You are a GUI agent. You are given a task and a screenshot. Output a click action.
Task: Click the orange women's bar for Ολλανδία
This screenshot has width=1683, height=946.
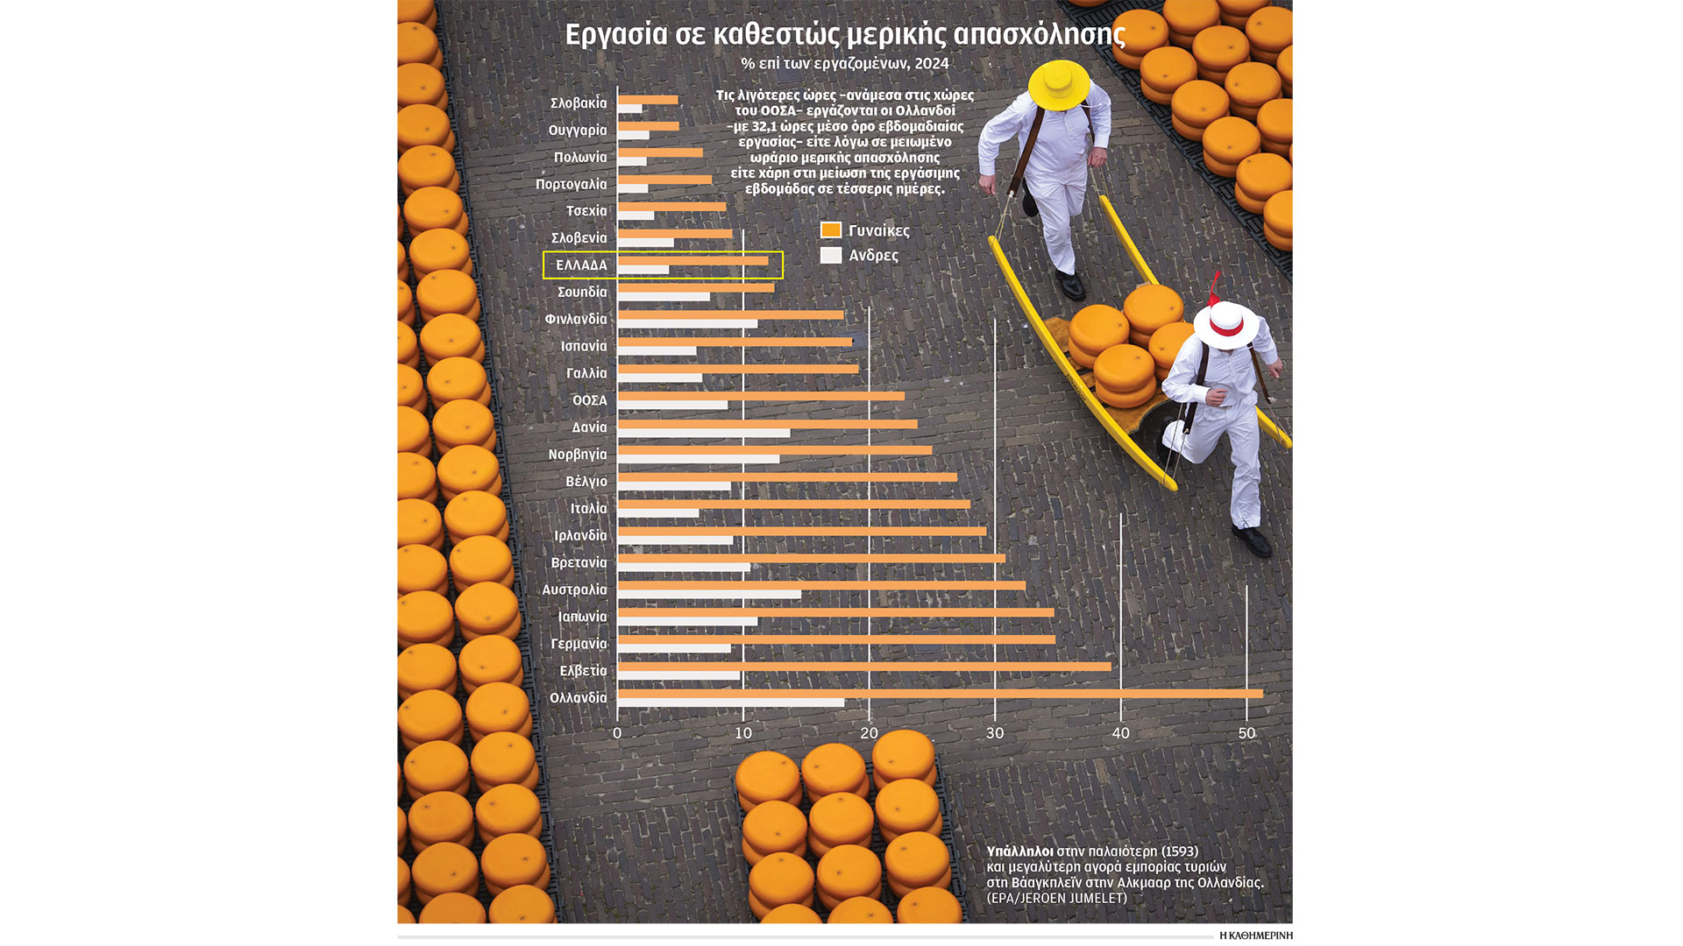point(940,694)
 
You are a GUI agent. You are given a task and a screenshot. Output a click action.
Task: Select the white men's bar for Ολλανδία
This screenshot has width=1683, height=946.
point(731,702)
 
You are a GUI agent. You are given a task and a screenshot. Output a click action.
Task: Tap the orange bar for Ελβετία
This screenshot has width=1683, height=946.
point(864,667)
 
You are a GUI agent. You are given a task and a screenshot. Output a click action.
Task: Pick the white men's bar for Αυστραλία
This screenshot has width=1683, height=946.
point(709,595)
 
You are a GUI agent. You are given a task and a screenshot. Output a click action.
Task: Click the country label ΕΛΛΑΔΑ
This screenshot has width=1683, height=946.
point(581,265)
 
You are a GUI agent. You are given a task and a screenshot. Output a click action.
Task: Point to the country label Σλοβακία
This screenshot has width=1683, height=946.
point(579,103)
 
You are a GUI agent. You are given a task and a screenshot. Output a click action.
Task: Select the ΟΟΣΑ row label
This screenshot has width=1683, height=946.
point(589,400)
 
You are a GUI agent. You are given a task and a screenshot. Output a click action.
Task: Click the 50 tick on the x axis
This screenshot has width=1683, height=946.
point(1246,733)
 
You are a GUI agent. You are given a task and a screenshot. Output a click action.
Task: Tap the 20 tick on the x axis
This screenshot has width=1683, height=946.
point(869,733)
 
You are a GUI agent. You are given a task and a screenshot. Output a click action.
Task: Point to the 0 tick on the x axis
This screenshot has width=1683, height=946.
point(617,733)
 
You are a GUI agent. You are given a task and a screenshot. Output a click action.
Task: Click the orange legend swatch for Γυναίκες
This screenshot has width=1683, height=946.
point(831,230)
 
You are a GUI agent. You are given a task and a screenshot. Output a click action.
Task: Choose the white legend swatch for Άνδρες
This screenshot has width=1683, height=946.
point(831,255)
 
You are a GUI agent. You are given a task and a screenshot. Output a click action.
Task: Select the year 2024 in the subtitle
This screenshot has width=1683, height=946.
point(932,63)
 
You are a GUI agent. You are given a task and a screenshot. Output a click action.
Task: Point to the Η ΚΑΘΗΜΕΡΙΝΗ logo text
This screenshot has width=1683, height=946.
point(1255,935)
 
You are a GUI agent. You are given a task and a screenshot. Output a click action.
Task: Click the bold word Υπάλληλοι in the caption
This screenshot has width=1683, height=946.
point(1019,851)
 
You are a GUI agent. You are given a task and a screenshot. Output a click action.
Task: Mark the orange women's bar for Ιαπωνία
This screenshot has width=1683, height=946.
point(835,612)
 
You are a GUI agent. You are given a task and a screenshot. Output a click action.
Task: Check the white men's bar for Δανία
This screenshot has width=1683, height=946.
point(704,433)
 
